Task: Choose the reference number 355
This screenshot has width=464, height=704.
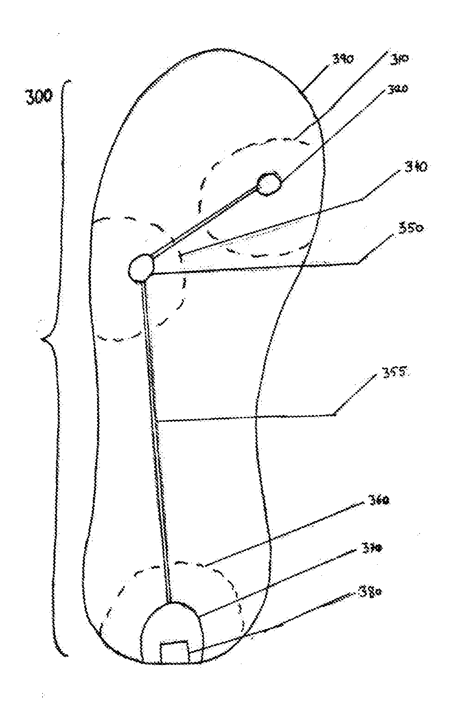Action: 394,372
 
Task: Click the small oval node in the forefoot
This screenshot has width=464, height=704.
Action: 269,184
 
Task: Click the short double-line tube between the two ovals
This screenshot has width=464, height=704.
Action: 202,221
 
